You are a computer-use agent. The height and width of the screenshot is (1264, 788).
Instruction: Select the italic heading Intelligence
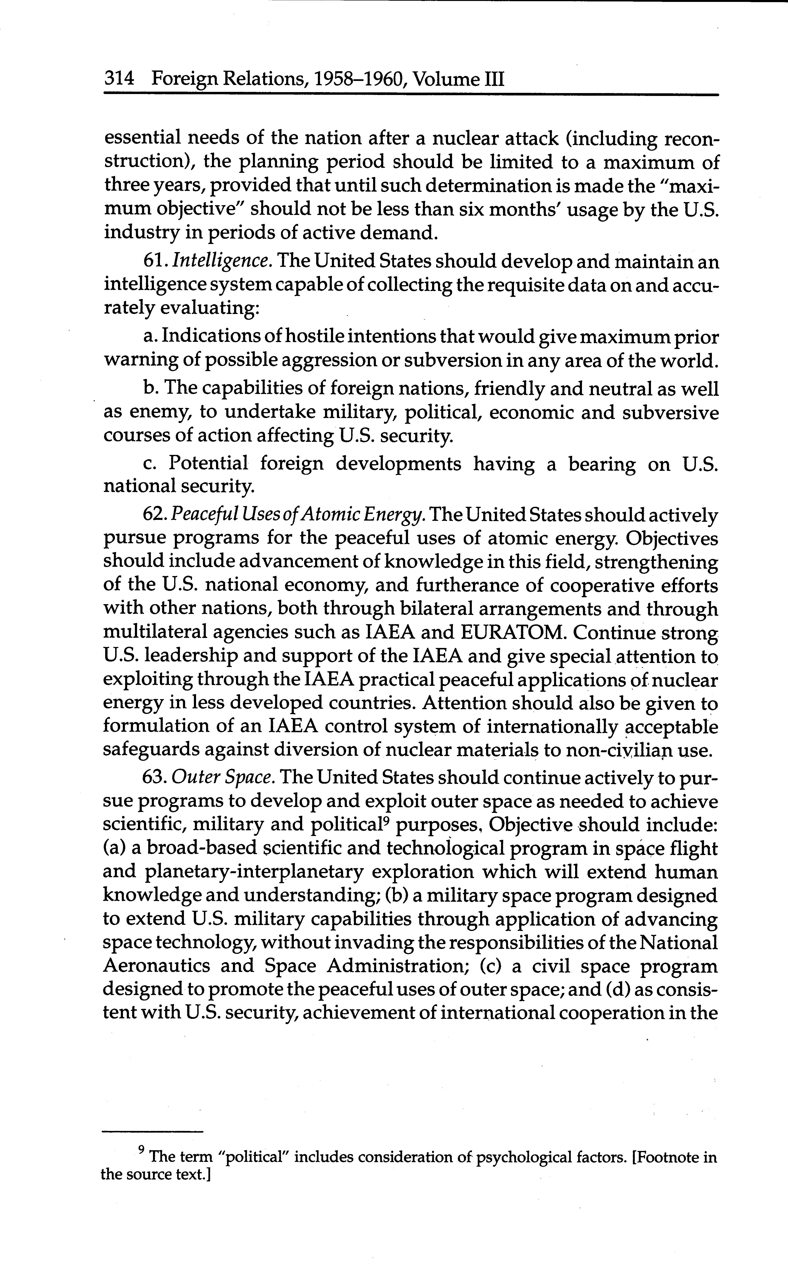(x=221, y=261)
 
